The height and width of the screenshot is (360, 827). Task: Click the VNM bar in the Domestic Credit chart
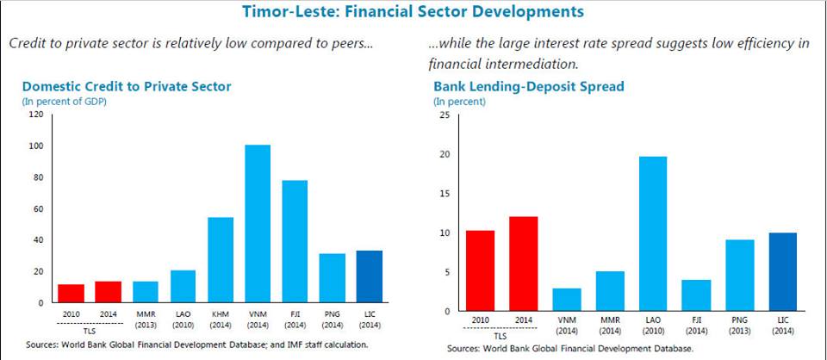[258, 224]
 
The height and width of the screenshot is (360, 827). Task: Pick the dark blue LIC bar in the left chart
[369, 276]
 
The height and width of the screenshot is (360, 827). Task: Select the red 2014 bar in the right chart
[523, 264]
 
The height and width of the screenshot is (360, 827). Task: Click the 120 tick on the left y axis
[34, 115]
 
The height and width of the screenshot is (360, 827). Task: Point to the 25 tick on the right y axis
[444, 115]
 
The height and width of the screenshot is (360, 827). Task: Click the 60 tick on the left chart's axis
[37, 209]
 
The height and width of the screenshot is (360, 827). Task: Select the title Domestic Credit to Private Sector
[127, 87]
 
